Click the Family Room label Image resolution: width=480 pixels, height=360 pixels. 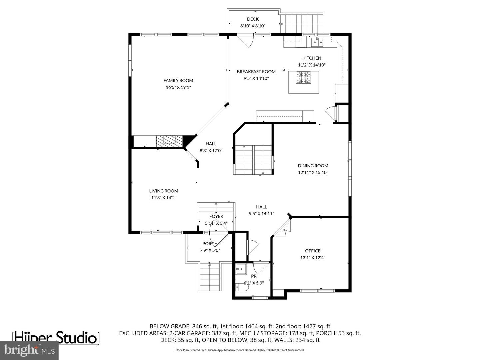point(178,80)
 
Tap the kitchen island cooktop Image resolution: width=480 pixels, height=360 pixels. point(303,77)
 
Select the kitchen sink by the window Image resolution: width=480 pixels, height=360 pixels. point(317,42)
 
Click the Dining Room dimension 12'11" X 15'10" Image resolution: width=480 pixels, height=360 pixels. point(313,173)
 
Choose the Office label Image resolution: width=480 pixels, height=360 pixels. point(313,251)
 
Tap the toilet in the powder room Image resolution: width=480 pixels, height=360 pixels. point(241,287)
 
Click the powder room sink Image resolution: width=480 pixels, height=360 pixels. point(241,268)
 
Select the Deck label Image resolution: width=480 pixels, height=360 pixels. point(253,19)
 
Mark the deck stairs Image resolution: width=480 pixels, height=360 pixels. point(301,24)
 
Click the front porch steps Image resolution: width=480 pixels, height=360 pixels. point(210,277)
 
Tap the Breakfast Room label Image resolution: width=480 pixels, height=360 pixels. point(256,72)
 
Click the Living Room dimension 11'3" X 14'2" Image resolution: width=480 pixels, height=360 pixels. point(164,198)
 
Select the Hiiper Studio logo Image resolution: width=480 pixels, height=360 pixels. point(56,338)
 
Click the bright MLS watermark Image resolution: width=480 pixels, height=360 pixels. point(29,350)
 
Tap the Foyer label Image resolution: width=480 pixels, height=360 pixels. point(216,216)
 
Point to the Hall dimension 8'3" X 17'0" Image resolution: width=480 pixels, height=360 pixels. point(211,151)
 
